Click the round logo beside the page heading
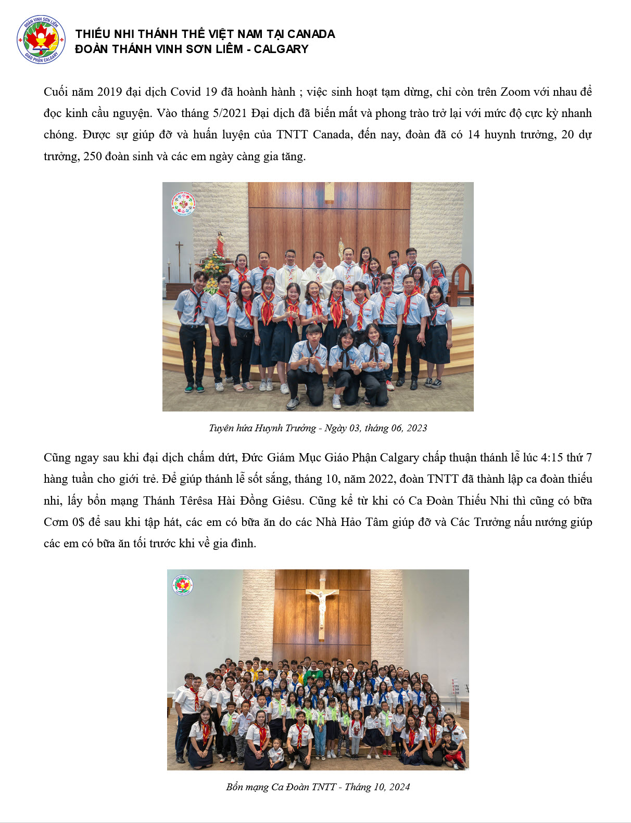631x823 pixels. click(x=41, y=40)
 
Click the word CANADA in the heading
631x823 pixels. click(x=311, y=34)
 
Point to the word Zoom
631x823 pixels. click(x=515, y=92)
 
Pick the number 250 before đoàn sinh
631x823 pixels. click(x=93, y=157)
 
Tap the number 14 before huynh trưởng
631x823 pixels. click(x=473, y=135)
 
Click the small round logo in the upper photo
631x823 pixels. click(x=183, y=203)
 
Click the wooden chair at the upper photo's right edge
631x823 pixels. click(x=462, y=284)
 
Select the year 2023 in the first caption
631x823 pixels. click(x=417, y=428)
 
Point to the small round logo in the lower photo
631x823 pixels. click(x=183, y=585)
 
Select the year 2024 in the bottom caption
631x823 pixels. click(x=399, y=787)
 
